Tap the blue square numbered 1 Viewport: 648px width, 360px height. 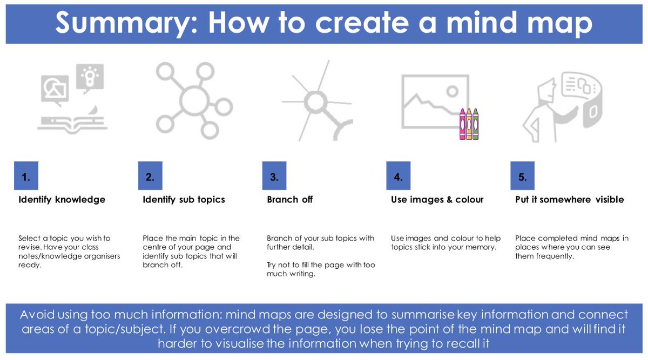tap(26, 175)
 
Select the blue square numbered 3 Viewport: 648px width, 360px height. tap(274, 175)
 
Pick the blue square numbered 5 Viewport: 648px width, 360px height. tap(523, 175)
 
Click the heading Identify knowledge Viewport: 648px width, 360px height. tap(62, 200)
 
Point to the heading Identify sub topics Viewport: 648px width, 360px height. tap(184, 200)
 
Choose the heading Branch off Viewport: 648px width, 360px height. tap(290, 200)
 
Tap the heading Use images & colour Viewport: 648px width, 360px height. tap(437, 200)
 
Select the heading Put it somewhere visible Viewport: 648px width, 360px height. tap(569, 200)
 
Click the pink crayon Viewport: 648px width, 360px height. tap(463, 124)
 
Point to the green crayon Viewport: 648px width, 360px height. tap(475, 124)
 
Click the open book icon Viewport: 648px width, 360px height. tap(72, 124)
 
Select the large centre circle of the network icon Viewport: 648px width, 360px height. tap(194, 100)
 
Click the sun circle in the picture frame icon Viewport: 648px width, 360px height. tap(452, 92)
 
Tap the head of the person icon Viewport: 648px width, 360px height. tap(546, 89)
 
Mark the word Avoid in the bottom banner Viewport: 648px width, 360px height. tap(37, 314)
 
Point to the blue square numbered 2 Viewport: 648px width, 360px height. tap(150, 175)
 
